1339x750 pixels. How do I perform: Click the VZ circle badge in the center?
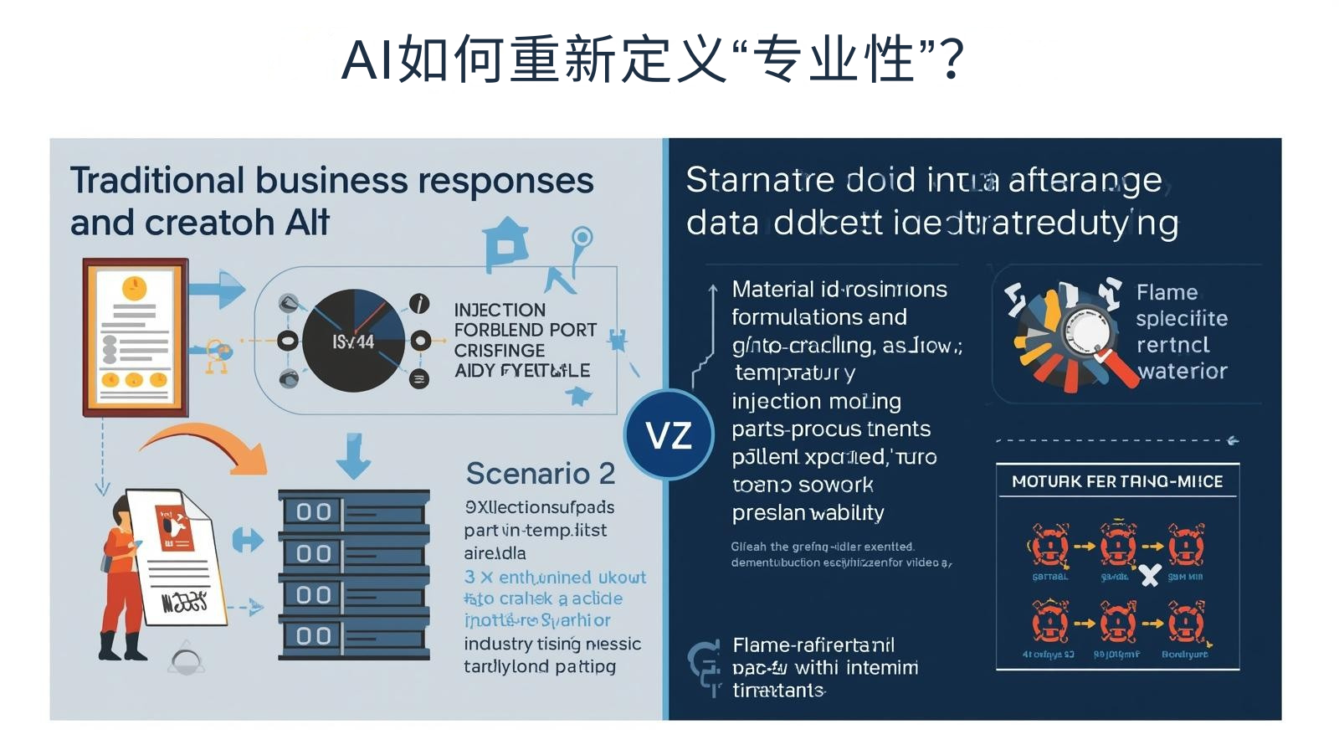point(668,434)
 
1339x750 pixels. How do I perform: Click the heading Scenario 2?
point(540,474)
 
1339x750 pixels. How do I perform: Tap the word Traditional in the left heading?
point(157,181)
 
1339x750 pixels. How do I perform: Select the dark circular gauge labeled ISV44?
point(353,341)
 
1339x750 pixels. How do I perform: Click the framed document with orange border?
point(135,337)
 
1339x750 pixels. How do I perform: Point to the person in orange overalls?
point(121,578)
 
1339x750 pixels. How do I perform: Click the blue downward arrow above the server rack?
point(354,455)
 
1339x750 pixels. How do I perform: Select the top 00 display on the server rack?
point(314,511)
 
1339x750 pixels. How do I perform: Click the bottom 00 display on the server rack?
point(314,636)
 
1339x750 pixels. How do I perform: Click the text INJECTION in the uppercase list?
point(500,310)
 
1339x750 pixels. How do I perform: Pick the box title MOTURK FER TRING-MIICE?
point(1117,481)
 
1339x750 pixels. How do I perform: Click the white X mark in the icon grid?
point(1150,575)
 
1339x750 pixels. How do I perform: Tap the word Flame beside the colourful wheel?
point(1167,292)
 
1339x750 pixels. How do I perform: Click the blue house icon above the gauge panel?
point(505,243)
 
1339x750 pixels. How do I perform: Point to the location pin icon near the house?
point(582,239)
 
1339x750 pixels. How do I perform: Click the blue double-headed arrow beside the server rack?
point(248,540)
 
